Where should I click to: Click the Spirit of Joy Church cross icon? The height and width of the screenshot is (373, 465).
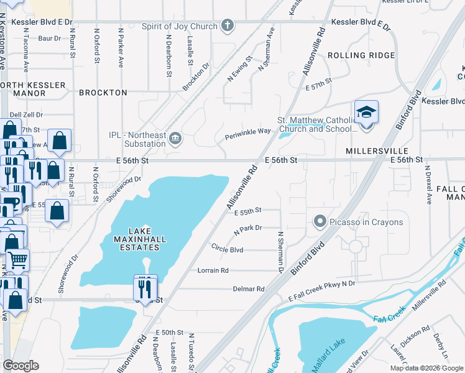pos(228,25)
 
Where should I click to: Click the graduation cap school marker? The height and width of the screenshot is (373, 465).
pos(366,114)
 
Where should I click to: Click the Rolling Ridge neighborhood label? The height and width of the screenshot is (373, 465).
pos(361,55)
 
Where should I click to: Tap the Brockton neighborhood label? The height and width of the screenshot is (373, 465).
pos(103,93)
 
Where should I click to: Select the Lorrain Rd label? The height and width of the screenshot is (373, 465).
pos(213,270)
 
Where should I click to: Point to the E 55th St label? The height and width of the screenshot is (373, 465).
pos(248,211)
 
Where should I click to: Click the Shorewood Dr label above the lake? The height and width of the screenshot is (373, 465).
pos(120,183)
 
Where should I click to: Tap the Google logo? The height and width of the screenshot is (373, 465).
pos(21,366)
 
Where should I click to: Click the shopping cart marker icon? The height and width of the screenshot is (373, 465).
pos(17,259)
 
